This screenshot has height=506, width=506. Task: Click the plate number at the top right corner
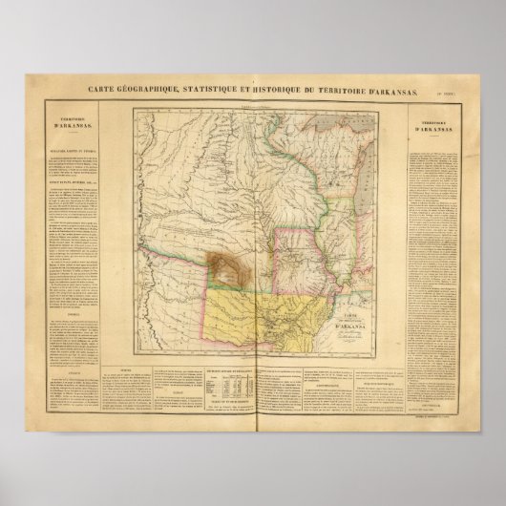pyautogui.click(x=456, y=92)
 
